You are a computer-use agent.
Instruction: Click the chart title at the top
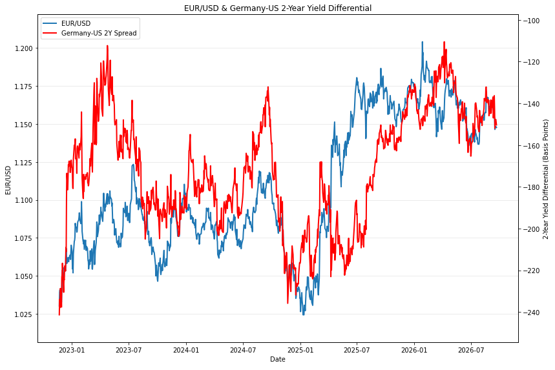[x=278, y=8]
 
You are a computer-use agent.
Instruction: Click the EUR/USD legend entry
[x=67, y=23]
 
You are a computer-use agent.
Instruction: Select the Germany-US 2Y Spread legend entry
[x=90, y=33]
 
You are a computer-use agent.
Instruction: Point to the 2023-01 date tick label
[x=72, y=350]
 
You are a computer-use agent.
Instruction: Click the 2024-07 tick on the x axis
[x=243, y=350]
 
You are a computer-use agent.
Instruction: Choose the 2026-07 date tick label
[x=471, y=350]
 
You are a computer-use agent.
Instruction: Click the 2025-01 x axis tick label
[x=300, y=350]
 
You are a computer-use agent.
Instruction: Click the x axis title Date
[x=278, y=360]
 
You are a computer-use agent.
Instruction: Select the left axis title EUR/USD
[x=8, y=180]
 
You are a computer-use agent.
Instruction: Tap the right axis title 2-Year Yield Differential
[x=545, y=180]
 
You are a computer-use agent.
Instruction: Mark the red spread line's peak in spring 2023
[x=107, y=46]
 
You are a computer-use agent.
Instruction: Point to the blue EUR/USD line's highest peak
[x=423, y=42]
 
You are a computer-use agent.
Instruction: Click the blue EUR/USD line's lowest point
[x=303, y=315]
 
